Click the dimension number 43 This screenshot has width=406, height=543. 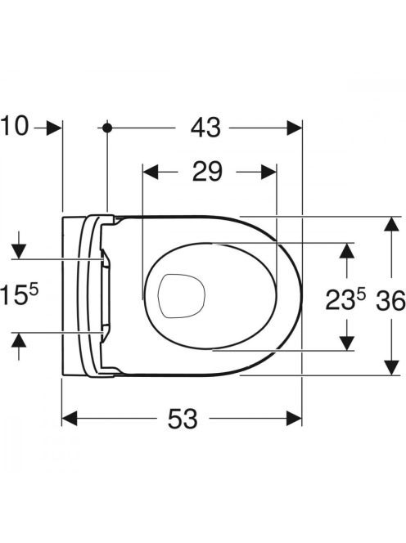(x=205, y=128)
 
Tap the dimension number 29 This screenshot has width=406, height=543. (x=207, y=172)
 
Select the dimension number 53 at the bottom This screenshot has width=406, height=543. (x=183, y=419)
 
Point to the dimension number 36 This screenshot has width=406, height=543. (x=390, y=300)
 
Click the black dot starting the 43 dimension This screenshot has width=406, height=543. (x=107, y=128)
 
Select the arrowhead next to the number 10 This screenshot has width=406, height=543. (x=54, y=128)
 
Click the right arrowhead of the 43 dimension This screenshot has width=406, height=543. (x=294, y=128)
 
